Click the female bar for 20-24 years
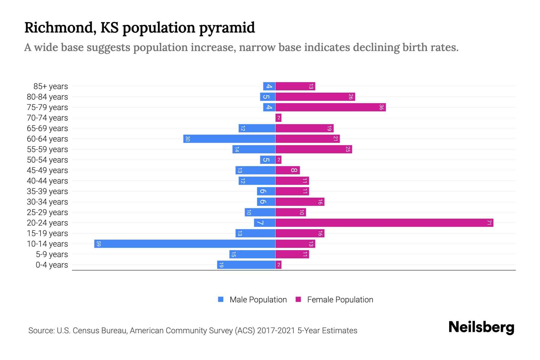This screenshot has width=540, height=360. click(x=384, y=223)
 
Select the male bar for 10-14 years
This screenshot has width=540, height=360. click(x=184, y=244)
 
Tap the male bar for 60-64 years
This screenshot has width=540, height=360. click(x=229, y=139)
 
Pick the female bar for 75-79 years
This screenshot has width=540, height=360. click(x=330, y=107)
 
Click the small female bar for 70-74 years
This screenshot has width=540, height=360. click(x=278, y=118)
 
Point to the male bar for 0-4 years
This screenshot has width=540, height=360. click(x=246, y=265)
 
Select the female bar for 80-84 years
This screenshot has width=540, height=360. click(x=315, y=97)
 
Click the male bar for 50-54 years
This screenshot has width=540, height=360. click(x=267, y=160)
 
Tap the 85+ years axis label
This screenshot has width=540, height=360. click(x=50, y=86)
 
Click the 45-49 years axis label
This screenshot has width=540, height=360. click(x=47, y=170)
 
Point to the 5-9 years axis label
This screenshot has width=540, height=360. click(x=52, y=254)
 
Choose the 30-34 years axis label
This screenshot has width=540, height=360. click(x=47, y=202)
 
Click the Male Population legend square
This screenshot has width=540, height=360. click(x=221, y=299)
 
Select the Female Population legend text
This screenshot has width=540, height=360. click(x=340, y=299)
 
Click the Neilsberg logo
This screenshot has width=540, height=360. click(x=481, y=327)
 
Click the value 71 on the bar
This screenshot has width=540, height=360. click(x=489, y=223)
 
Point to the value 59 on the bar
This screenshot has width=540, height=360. click(x=98, y=244)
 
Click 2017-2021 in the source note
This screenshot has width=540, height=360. click(x=276, y=330)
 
